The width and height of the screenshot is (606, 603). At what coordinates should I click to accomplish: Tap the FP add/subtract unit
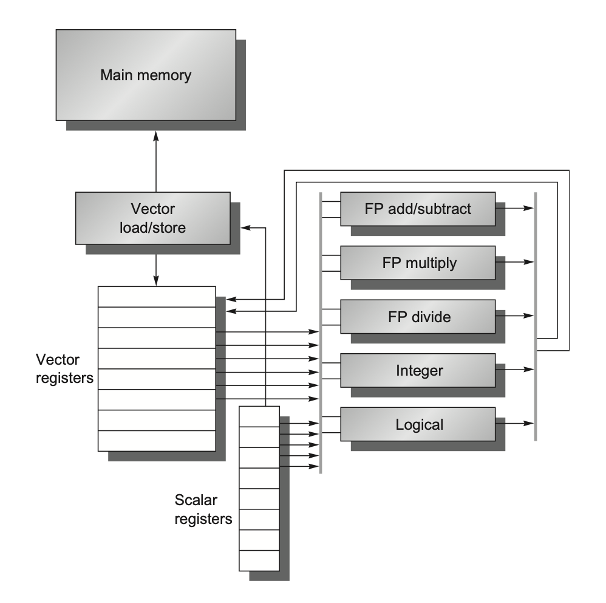(418, 210)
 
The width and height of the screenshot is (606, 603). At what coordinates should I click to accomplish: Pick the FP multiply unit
(418, 263)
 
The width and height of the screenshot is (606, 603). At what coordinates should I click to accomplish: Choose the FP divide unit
(418, 317)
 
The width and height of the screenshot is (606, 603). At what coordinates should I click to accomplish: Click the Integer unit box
(418, 370)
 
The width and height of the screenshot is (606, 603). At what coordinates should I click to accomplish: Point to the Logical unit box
(418, 424)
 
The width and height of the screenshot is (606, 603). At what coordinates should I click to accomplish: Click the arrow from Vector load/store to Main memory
(156, 164)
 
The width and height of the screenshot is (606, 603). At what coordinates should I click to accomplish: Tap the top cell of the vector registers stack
(157, 297)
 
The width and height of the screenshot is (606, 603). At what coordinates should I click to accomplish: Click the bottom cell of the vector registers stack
(157, 441)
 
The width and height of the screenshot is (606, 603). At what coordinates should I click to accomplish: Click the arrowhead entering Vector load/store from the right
(245, 227)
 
